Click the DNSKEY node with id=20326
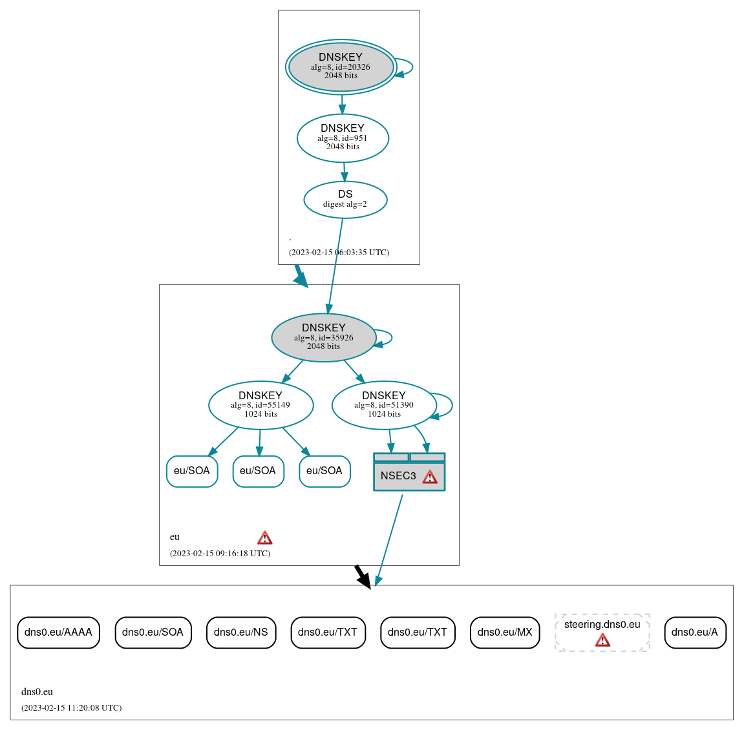pyautogui.click(x=341, y=67)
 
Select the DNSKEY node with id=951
pyautogui.click(x=343, y=138)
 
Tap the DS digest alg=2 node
pyautogui.click(x=345, y=200)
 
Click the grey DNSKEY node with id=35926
pyautogui.click(x=323, y=337)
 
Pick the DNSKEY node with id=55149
pyautogui.click(x=260, y=405)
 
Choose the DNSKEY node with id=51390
pyautogui.click(x=384, y=405)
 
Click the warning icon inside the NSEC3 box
pyautogui.click(x=430, y=477)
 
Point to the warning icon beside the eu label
pyautogui.click(x=264, y=537)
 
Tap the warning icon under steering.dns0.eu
pyautogui.click(x=602, y=640)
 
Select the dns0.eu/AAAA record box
pyautogui.click(x=58, y=632)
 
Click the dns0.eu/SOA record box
pyautogui.click(x=153, y=632)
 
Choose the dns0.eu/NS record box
pyautogui.click(x=240, y=632)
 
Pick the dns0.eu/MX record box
pyautogui.click(x=505, y=632)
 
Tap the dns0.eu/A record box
pyautogui.click(x=695, y=632)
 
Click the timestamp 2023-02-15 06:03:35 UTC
pyautogui.click(x=339, y=253)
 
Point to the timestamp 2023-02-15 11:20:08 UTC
pyautogui.click(x=71, y=708)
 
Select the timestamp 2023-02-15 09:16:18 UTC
pyautogui.click(x=220, y=554)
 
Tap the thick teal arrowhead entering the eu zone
pyautogui.click(x=302, y=279)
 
